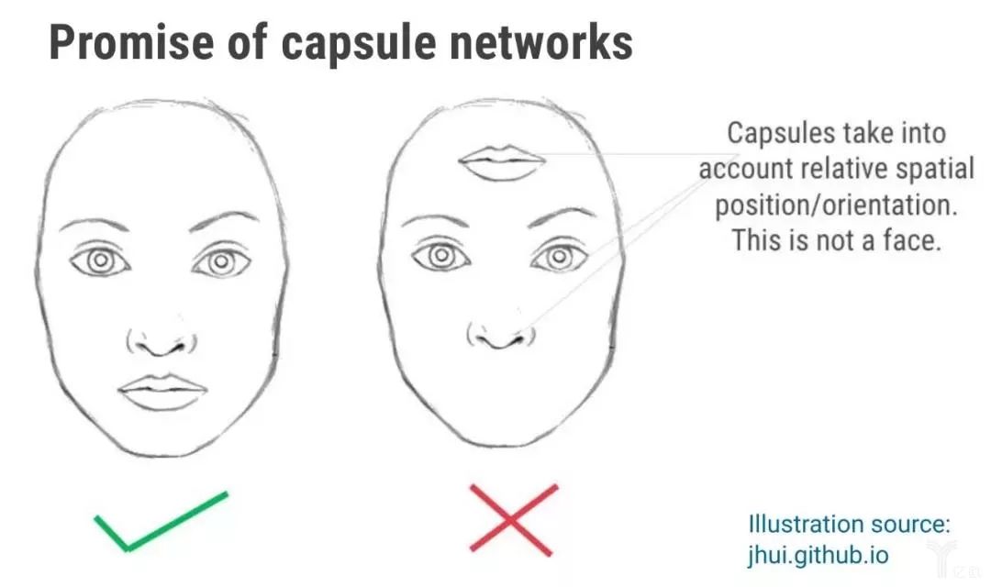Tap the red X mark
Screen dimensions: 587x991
coord(513,519)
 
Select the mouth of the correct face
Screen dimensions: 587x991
coord(162,393)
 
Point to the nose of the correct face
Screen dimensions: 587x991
coord(161,341)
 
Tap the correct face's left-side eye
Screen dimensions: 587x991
coord(101,261)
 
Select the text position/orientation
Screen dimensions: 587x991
coord(836,205)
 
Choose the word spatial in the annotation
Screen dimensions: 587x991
coord(933,169)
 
